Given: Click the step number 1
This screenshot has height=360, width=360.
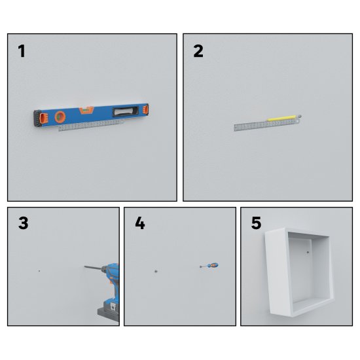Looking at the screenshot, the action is (22, 51).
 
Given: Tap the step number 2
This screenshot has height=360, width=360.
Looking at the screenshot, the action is (198, 51).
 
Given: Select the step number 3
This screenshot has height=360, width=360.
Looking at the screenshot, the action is (23, 223).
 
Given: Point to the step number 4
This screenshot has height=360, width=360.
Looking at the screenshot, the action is (140, 223).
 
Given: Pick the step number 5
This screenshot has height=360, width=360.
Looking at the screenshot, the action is (256, 223).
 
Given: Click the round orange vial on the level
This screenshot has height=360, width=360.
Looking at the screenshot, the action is (60, 117).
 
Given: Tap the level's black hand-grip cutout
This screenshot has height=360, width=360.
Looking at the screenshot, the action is (126, 111).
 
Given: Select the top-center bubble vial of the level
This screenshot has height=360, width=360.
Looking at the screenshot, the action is (86, 110).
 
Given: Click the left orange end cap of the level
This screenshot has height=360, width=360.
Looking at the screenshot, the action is (44, 118).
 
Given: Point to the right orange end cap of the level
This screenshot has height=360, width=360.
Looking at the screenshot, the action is (145, 109).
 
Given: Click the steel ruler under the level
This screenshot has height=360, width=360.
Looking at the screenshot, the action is (91, 126).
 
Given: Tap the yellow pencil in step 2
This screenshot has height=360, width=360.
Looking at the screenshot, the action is (282, 118).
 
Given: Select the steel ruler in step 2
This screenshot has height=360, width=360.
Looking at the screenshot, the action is (267, 124).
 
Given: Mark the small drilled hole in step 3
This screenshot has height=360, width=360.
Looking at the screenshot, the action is (39, 271).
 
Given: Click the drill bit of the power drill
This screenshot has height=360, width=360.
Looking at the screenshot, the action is (93, 268).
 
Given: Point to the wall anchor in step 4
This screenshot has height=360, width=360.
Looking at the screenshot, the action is (156, 271).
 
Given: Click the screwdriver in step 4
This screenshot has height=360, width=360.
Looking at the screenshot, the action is (209, 266).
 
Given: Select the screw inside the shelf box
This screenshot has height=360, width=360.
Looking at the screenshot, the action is (308, 253).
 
